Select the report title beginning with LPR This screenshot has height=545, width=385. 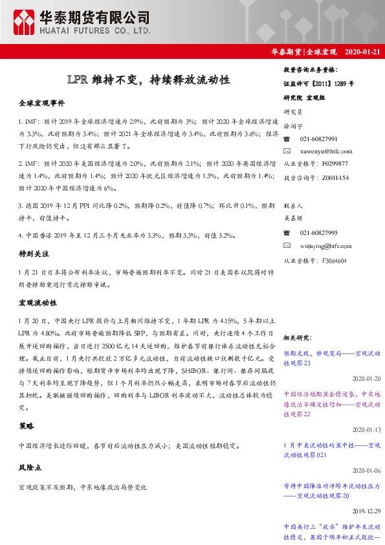148,80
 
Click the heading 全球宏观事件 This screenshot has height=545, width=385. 41,104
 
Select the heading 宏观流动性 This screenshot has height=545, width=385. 38,302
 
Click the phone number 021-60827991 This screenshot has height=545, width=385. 318,139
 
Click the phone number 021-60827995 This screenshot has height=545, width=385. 318,233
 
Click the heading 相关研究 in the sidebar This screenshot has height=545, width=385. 298,338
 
